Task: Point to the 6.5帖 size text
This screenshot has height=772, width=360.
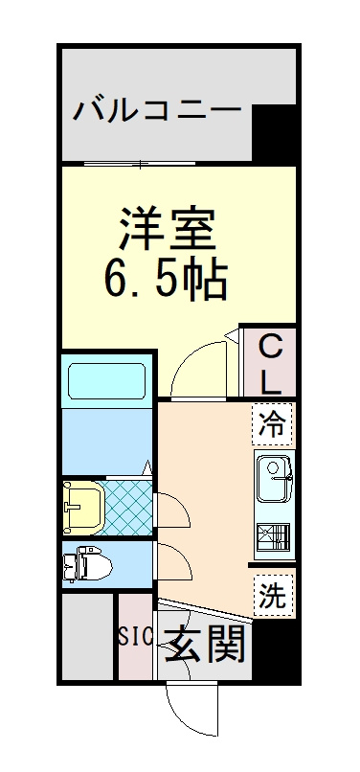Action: [x=166, y=280]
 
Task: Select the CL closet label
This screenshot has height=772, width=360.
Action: [x=270, y=364]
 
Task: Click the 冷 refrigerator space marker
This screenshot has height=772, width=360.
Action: [x=272, y=423]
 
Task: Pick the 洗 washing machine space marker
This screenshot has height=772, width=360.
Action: [x=272, y=596]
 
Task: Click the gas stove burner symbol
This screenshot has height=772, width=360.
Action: [x=273, y=537]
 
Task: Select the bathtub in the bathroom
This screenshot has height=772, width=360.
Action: [x=107, y=380]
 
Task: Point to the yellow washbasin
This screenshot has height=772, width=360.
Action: [x=82, y=507]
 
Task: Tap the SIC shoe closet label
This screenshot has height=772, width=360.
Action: [x=134, y=637]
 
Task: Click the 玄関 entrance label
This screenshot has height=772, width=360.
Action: [x=204, y=644]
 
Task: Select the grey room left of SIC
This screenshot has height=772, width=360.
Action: [x=88, y=637]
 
